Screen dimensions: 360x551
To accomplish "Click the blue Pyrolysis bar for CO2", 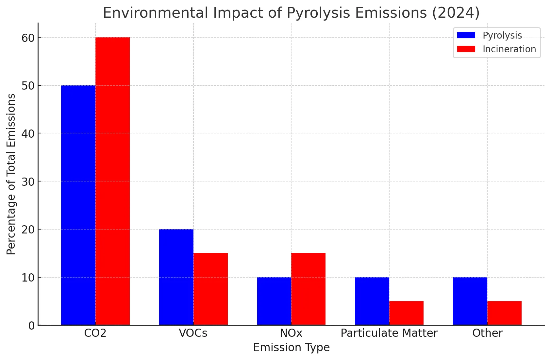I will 78,205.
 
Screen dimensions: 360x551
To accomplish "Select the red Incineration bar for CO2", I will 112,181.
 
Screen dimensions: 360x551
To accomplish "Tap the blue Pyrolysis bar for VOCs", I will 176,277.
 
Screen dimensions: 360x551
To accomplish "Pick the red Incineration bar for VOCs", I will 210,289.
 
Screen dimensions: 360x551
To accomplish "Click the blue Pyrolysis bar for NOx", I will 274,301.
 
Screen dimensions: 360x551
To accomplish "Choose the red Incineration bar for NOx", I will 308,289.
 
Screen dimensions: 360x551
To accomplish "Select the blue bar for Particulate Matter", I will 372,301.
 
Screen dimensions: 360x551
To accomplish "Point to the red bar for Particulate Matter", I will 406,313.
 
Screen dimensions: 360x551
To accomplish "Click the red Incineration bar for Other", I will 504,313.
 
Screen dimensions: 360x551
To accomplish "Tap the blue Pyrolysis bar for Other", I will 470,301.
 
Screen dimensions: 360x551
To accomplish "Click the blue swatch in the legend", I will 466,35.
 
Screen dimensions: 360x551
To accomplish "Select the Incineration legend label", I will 509,49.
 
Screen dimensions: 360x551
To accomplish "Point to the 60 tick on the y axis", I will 28,38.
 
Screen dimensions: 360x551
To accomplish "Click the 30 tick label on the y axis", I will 28,182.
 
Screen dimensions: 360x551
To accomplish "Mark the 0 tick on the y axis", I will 31,326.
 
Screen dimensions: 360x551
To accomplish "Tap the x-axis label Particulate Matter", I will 389,333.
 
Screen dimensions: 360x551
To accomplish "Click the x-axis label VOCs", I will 193,333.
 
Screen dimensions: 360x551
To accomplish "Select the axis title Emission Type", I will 291,347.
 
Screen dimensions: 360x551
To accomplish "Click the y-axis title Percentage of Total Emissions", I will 11,174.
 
